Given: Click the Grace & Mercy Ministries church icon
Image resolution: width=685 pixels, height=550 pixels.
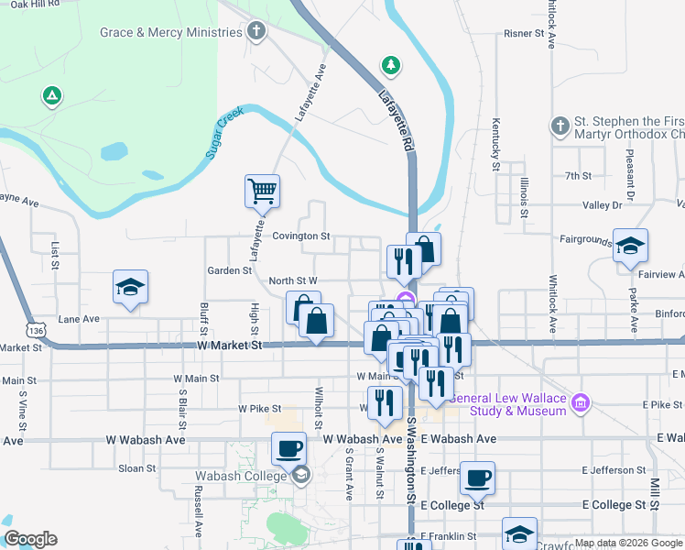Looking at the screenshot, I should pos(256,33).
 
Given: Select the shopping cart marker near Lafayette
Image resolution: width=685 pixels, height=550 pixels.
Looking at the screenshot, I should pos(262,192).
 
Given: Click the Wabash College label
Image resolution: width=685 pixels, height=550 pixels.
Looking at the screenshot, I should pos(242,476).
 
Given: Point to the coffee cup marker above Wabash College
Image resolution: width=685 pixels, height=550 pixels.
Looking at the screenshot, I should pos(289,449).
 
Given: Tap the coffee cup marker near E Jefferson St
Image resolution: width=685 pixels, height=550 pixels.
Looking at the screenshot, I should pos(477,478).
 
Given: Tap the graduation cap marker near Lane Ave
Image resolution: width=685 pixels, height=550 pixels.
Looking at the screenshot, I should pos(130,287).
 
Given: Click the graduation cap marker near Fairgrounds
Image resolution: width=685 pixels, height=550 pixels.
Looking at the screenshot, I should pos(630,246).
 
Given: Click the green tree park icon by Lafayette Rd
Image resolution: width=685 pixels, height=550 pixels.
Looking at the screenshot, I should pos(391,65).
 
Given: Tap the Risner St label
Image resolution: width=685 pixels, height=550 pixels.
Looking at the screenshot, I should pos(524,33).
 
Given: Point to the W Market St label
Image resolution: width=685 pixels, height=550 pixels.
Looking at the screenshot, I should pos(230,346).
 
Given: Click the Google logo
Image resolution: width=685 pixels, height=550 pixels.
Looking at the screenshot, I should pos(30,540).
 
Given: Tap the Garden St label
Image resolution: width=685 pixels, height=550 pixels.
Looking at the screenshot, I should pos(229,270).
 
